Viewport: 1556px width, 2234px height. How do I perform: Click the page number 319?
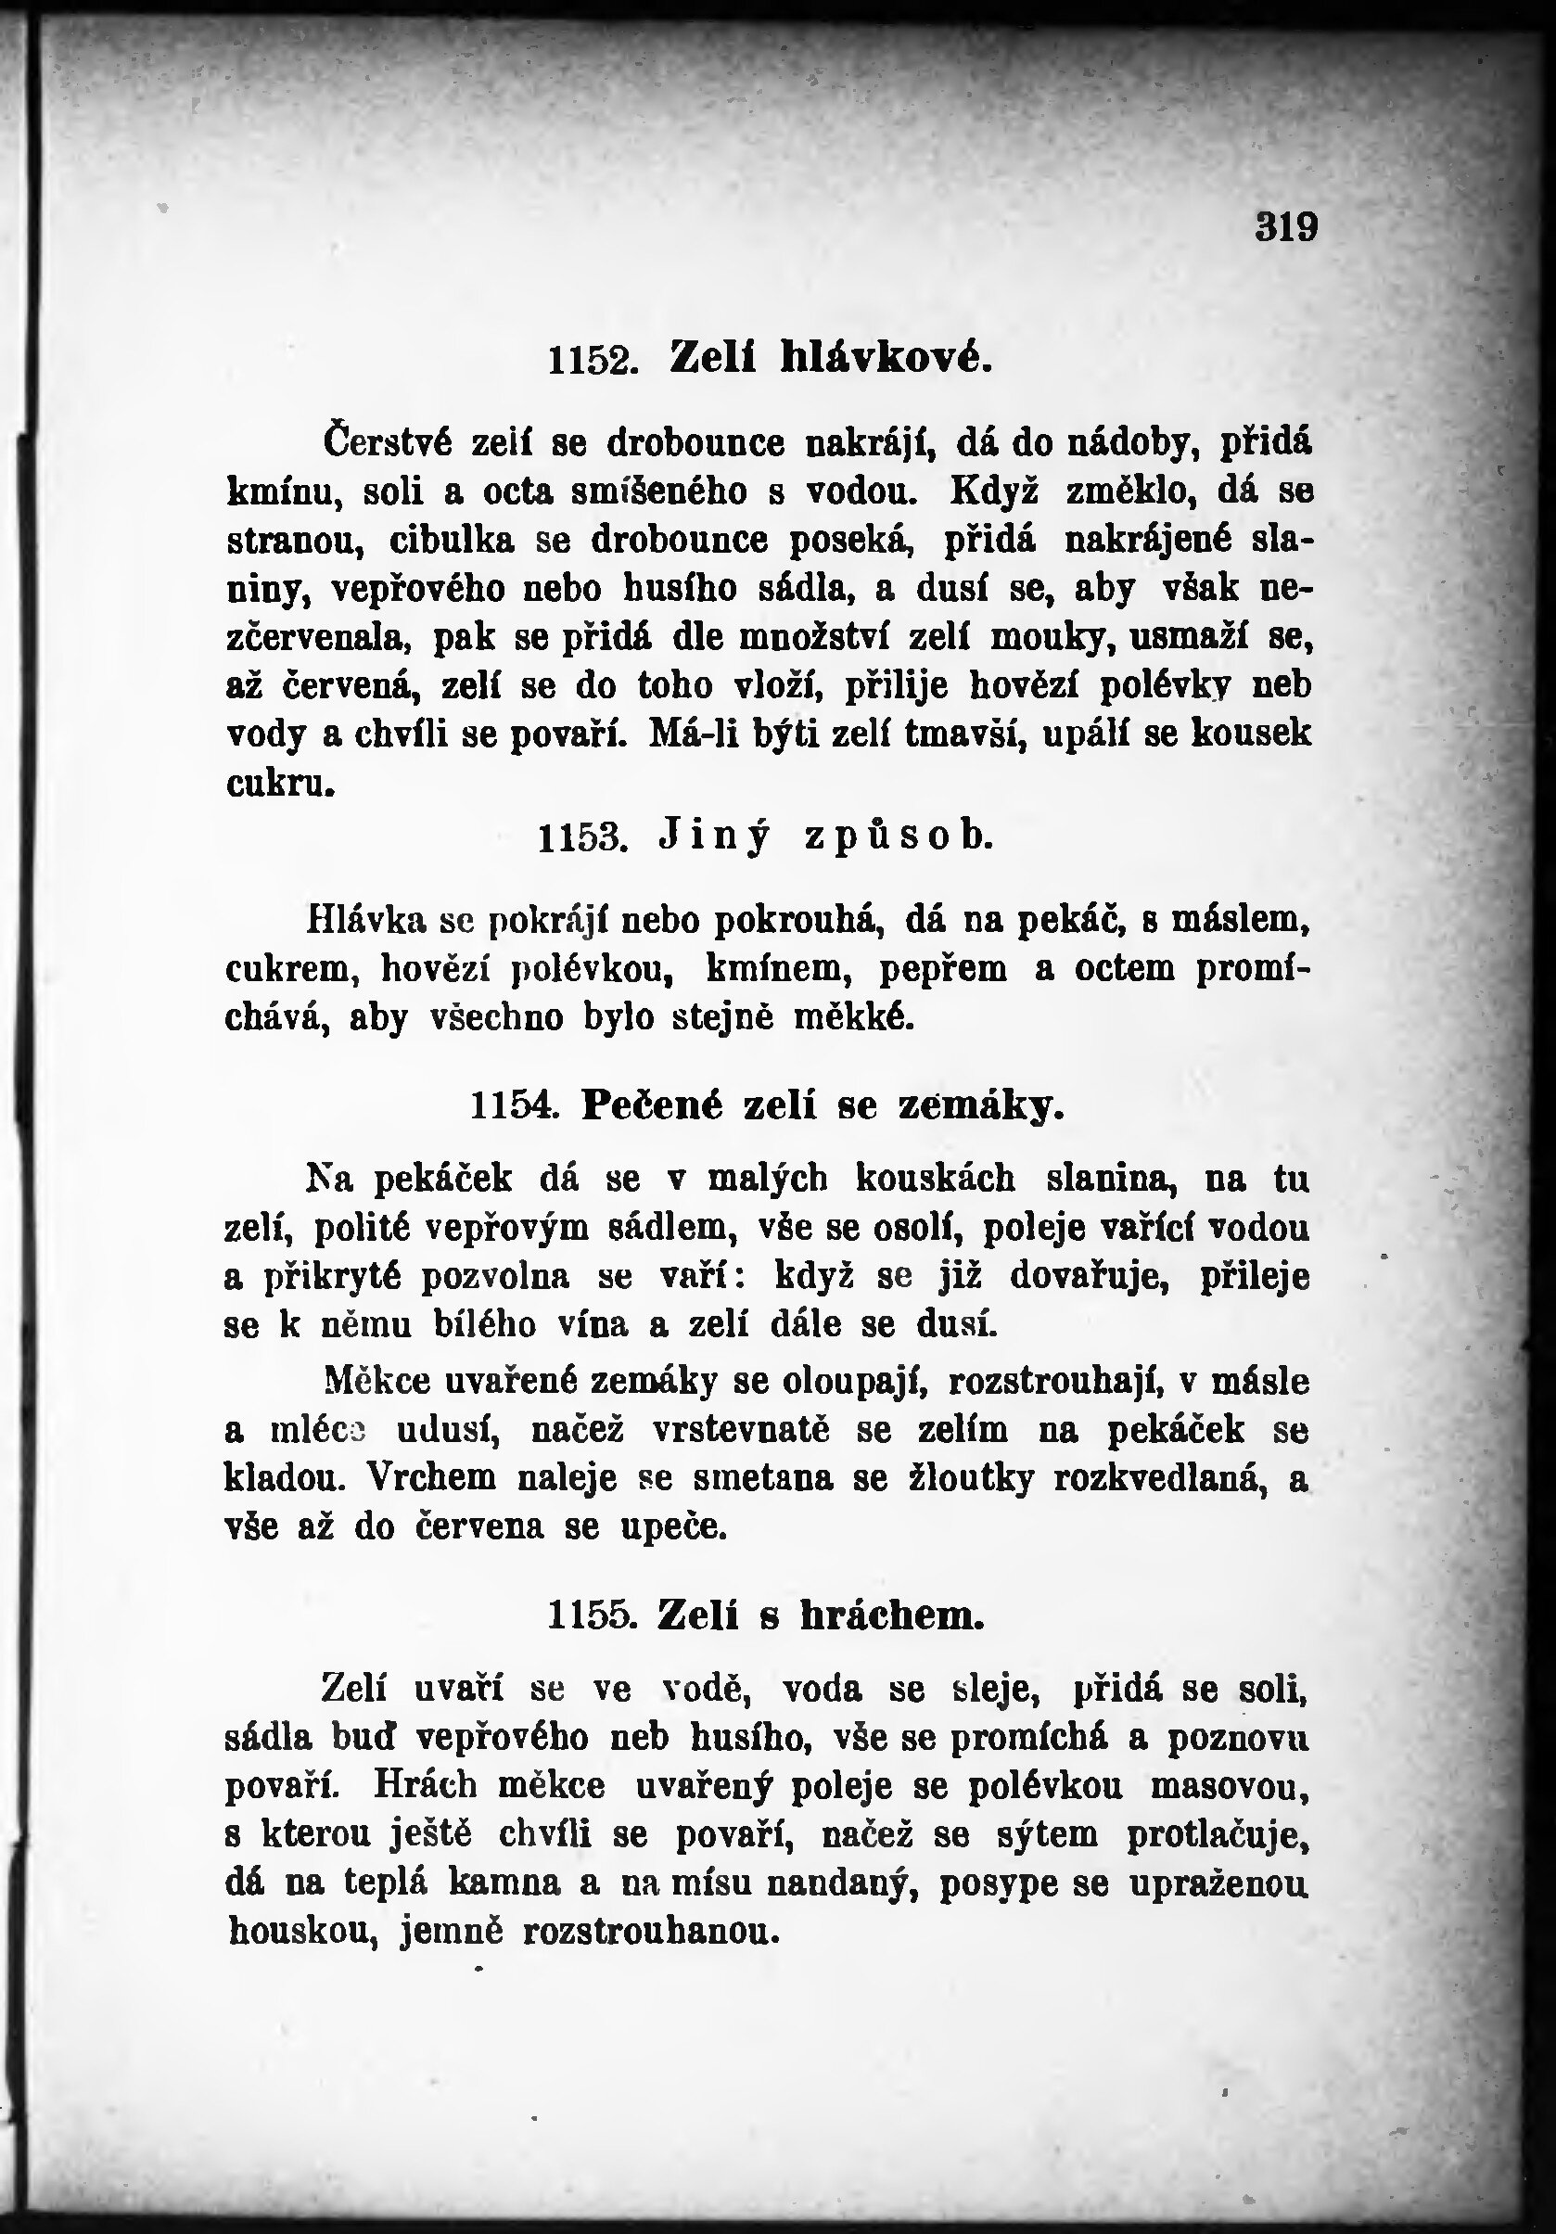pyautogui.click(x=1286, y=226)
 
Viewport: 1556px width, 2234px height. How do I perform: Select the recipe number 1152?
pyautogui.click(x=593, y=361)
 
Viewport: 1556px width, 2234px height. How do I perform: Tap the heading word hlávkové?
pyautogui.click(x=886, y=357)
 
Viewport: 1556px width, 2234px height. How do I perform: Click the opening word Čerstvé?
pyautogui.click(x=389, y=442)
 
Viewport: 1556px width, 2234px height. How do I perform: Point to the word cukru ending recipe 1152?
pyautogui.click(x=280, y=784)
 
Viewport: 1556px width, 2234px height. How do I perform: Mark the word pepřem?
pyautogui.click(x=943, y=969)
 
